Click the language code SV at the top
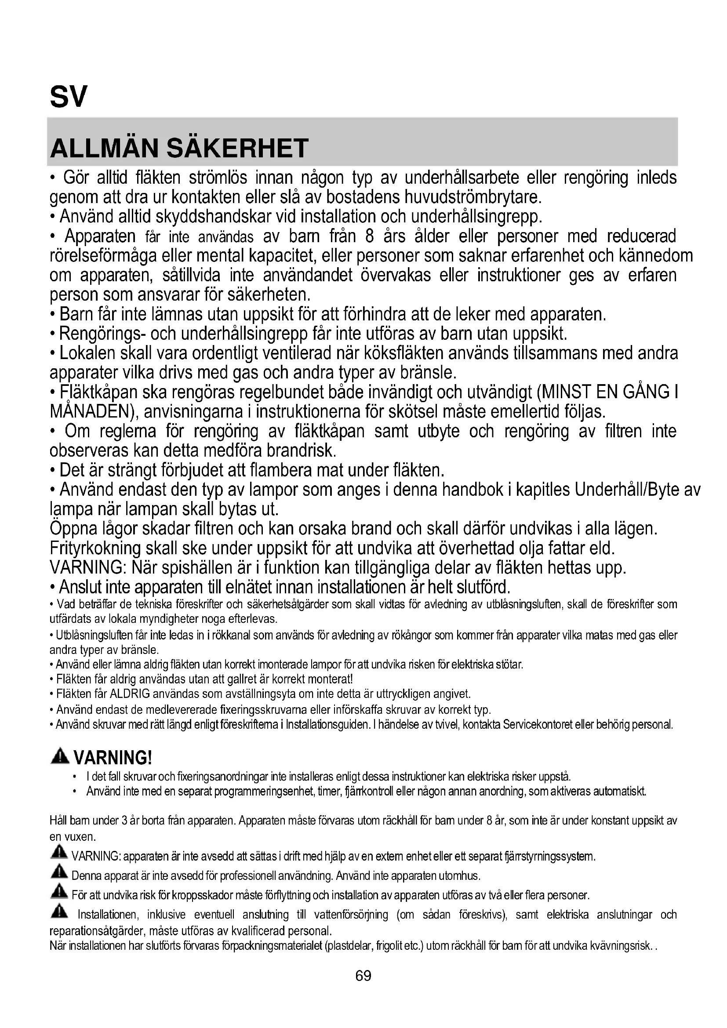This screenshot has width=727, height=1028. pyautogui.click(x=68, y=97)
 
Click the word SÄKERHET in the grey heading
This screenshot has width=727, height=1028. pyautogui.click(x=238, y=149)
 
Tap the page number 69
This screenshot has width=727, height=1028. pyautogui.click(x=363, y=976)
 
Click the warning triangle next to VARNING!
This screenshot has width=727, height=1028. pyautogui.click(x=59, y=757)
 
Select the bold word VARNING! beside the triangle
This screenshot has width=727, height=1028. pyautogui.click(x=113, y=758)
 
